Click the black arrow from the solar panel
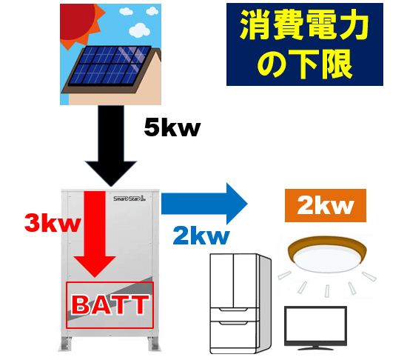pyautogui.click(x=111, y=145)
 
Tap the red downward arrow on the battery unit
pyautogui.click(x=95, y=234)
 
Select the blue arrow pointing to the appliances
pyautogui.click(x=204, y=204)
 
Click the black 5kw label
pyautogui.click(x=172, y=127)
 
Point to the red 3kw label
pyautogui.click(x=53, y=223)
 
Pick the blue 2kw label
pyautogui.click(x=201, y=236)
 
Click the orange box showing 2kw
pyautogui.click(x=326, y=205)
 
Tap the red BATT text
pyautogui.click(x=110, y=305)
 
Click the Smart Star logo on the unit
pyautogui.click(x=129, y=199)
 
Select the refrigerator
pyautogui.click(x=240, y=304)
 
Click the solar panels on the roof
pyautogui.click(x=110, y=65)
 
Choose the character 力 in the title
pyautogui.click(x=354, y=25)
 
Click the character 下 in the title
pyautogui.click(x=304, y=64)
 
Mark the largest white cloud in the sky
pyautogui.click(x=140, y=30)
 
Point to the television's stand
pyautogui.click(x=316, y=348)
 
